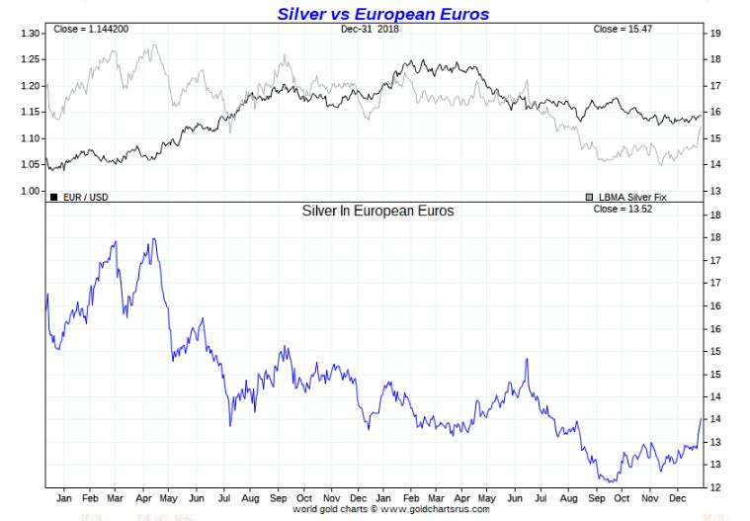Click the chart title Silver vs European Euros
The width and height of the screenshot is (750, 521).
tap(382, 14)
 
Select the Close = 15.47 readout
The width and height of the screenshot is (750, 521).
tap(623, 30)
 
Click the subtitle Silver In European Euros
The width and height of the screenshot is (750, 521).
tap(377, 212)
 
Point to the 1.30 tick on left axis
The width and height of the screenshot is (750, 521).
tap(29, 34)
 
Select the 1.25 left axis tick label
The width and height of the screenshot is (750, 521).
tap(29, 60)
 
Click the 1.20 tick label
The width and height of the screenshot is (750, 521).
tap(29, 86)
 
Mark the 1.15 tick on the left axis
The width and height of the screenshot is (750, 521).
tap(29, 113)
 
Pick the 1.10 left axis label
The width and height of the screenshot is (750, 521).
tap(29, 138)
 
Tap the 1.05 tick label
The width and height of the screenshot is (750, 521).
tap(29, 165)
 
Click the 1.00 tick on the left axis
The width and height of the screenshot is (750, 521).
tap(29, 192)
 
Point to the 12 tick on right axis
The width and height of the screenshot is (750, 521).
tap(714, 486)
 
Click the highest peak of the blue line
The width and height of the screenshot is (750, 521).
tap(153, 238)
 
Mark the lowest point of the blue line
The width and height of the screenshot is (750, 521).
tap(613, 481)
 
